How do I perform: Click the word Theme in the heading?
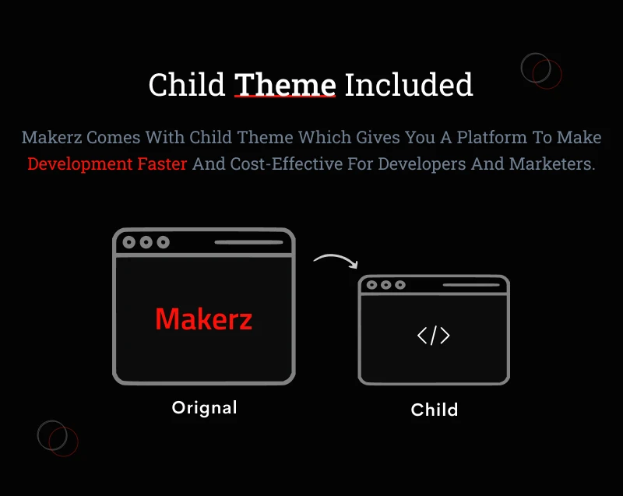285,84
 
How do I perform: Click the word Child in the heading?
187,84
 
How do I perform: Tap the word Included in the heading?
409,84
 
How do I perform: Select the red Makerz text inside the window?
203,318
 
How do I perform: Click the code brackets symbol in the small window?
433,336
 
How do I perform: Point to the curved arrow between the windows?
336,260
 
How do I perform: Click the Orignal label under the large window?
204,407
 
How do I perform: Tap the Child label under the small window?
434,410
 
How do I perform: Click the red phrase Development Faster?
107,164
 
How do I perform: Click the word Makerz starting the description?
51,138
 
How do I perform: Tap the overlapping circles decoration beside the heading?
541,71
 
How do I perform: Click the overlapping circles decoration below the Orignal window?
58,438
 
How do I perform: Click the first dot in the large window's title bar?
129,242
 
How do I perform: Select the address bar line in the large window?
248,242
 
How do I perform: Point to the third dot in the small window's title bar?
399,285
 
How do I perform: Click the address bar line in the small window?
471,285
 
